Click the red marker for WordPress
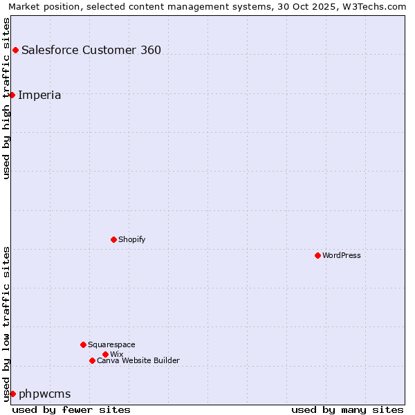pyautogui.click(x=317, y=255)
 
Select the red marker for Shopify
pyautogui.click(x=113, y=239)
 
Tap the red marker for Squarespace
pyautogui.click(x=83, y=344)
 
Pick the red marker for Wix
pyautogui.click(x=105, y=354)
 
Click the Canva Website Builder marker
pyautogui.click(x=92, y=360)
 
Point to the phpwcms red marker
pyautogui.click(x=12, y=394)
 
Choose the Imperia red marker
pyautogui.click(x=12, y=95)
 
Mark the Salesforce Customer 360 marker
pyautogui.click(x=15, y=50)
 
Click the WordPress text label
pyautogui.click(x=342, y=255)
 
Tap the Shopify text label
pyautogui.click(x=131, y=239)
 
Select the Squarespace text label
pyautogui.click(x=111, y=344)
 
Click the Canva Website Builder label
pyautogui.click(x=138, y=360)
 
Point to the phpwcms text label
pyautogui.click(x=45, y=394)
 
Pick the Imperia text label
pyautogui.click(x=39, y=95)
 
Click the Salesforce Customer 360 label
pyautogui.click(x=91, y=50)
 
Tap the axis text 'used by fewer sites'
pyautogui.click(x=71, y=409)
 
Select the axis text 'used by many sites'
pyautogui.click(x=347, y=409)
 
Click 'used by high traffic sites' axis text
pyautogui.click(x=6, y=98)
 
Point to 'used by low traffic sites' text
pyautogui.click(x=6, y=323)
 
